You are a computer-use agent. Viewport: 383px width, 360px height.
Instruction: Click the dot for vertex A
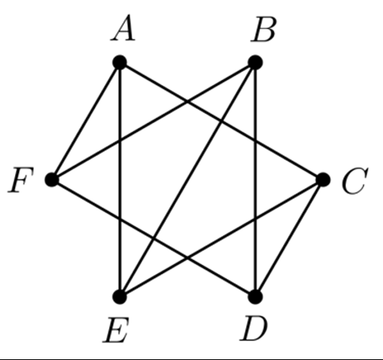point(120,62)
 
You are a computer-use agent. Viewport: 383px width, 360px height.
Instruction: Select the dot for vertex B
point(255,62)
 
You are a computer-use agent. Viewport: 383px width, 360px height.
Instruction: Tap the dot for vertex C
point(323,180)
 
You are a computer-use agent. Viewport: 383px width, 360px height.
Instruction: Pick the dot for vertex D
point(255,297)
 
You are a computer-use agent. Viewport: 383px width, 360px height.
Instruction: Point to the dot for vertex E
point(120,297)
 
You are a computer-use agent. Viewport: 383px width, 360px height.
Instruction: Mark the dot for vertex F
point(52,180)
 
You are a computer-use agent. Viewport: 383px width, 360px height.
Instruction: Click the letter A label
point(123,28)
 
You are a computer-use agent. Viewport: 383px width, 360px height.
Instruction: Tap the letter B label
point(263,30)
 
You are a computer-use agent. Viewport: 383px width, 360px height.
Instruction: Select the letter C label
point(354,181)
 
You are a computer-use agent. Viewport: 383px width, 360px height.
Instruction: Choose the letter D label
point(254,328)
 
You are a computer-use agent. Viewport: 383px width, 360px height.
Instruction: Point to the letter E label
point(116,330)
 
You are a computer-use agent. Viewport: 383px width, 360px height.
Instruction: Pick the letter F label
point(20,180)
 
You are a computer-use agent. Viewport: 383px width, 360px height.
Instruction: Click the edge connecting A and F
point(86,121)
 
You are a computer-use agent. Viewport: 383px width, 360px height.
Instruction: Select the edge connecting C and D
point(289,238)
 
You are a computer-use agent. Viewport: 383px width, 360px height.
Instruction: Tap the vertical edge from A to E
point(120,180)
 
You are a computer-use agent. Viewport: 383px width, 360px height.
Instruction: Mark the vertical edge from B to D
point(255,180)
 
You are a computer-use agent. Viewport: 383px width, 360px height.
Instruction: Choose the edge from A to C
point(221,121)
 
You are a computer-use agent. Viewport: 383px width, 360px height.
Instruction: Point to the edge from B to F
point(154,121)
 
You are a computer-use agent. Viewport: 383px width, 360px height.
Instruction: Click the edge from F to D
point(154,238)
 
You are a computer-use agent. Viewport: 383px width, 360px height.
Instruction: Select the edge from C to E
point(221,238)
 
